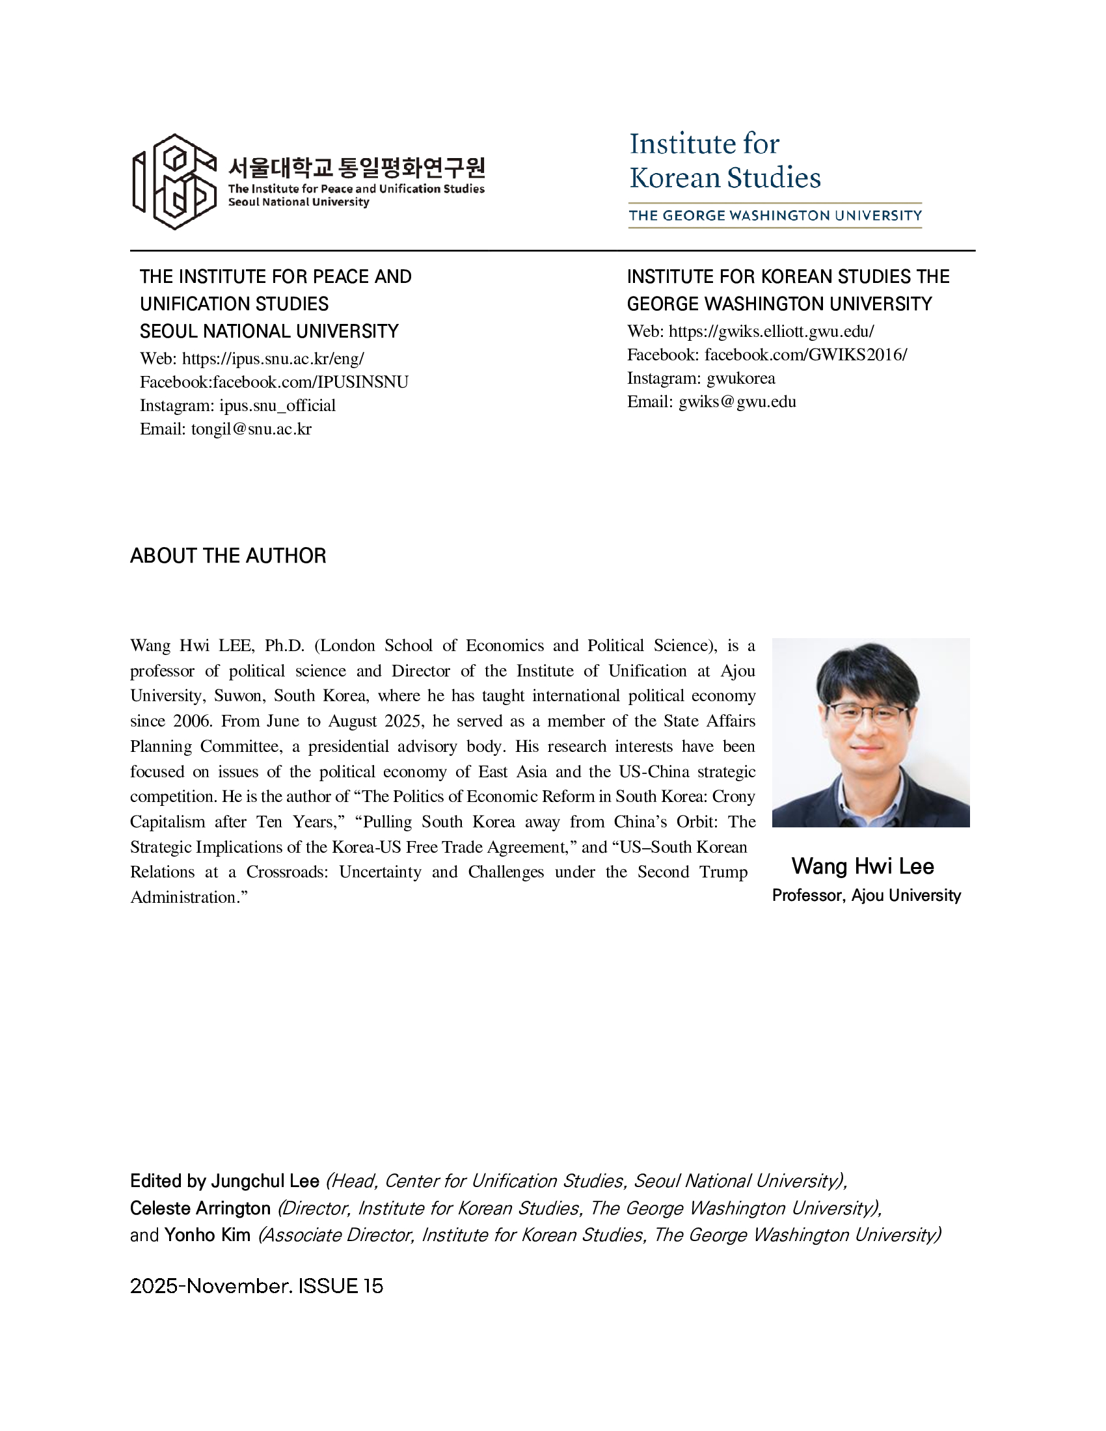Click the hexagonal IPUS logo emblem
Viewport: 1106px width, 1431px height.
[175, 181]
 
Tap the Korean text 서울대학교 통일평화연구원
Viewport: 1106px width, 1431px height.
[357, 168]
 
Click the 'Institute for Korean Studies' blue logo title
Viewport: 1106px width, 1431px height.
[724, 161]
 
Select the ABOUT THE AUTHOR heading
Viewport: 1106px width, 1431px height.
[228, 555]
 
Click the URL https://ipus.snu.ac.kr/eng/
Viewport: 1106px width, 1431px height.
[273, 358]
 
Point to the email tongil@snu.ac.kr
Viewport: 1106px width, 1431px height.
[251, 429]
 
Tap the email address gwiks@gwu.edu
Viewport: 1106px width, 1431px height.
[737, 401]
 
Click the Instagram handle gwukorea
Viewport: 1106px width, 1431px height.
[740, 378]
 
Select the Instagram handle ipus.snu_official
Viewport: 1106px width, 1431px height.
[277, 406]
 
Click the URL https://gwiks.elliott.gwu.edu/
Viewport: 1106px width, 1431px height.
[771, 332]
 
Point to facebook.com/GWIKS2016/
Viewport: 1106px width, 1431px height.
[805, 354]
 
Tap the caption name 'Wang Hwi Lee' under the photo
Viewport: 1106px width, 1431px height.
[862, 866]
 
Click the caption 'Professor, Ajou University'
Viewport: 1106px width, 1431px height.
[866, 895]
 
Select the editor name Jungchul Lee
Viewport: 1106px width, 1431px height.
[265, 1181]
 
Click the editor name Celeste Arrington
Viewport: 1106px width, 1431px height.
[200, 1208]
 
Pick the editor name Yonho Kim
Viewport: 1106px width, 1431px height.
[207, 1235]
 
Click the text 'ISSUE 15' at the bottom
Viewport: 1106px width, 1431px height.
[340, 1286]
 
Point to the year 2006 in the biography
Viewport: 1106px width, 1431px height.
[192, 721]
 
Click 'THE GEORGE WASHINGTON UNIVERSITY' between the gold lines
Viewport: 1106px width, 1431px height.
[775, 215]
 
